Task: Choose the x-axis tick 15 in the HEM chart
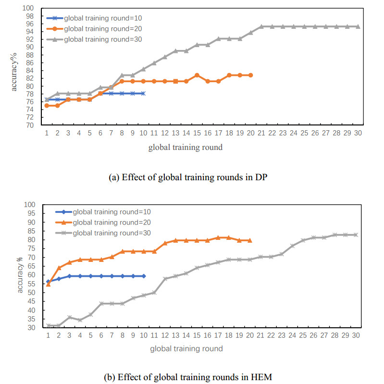[197, 335]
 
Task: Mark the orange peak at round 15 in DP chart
[197, 75]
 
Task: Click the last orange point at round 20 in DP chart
[250, 75]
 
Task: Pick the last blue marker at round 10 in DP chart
[143, 93]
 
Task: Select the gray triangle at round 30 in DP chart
[358, 26]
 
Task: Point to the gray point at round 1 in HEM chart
[48, 325]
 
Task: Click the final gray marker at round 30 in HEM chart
[356, 235]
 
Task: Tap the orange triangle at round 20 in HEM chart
[250, 240]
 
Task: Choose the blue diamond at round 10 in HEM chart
[144, 276]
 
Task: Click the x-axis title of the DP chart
[186, 147]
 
